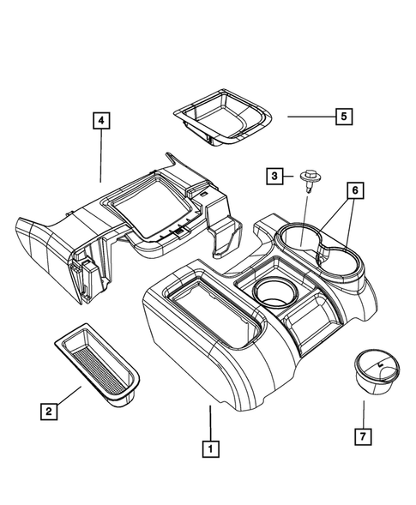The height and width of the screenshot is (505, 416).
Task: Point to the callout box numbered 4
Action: pos(101,123)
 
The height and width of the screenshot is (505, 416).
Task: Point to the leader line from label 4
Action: pos(101,158)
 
